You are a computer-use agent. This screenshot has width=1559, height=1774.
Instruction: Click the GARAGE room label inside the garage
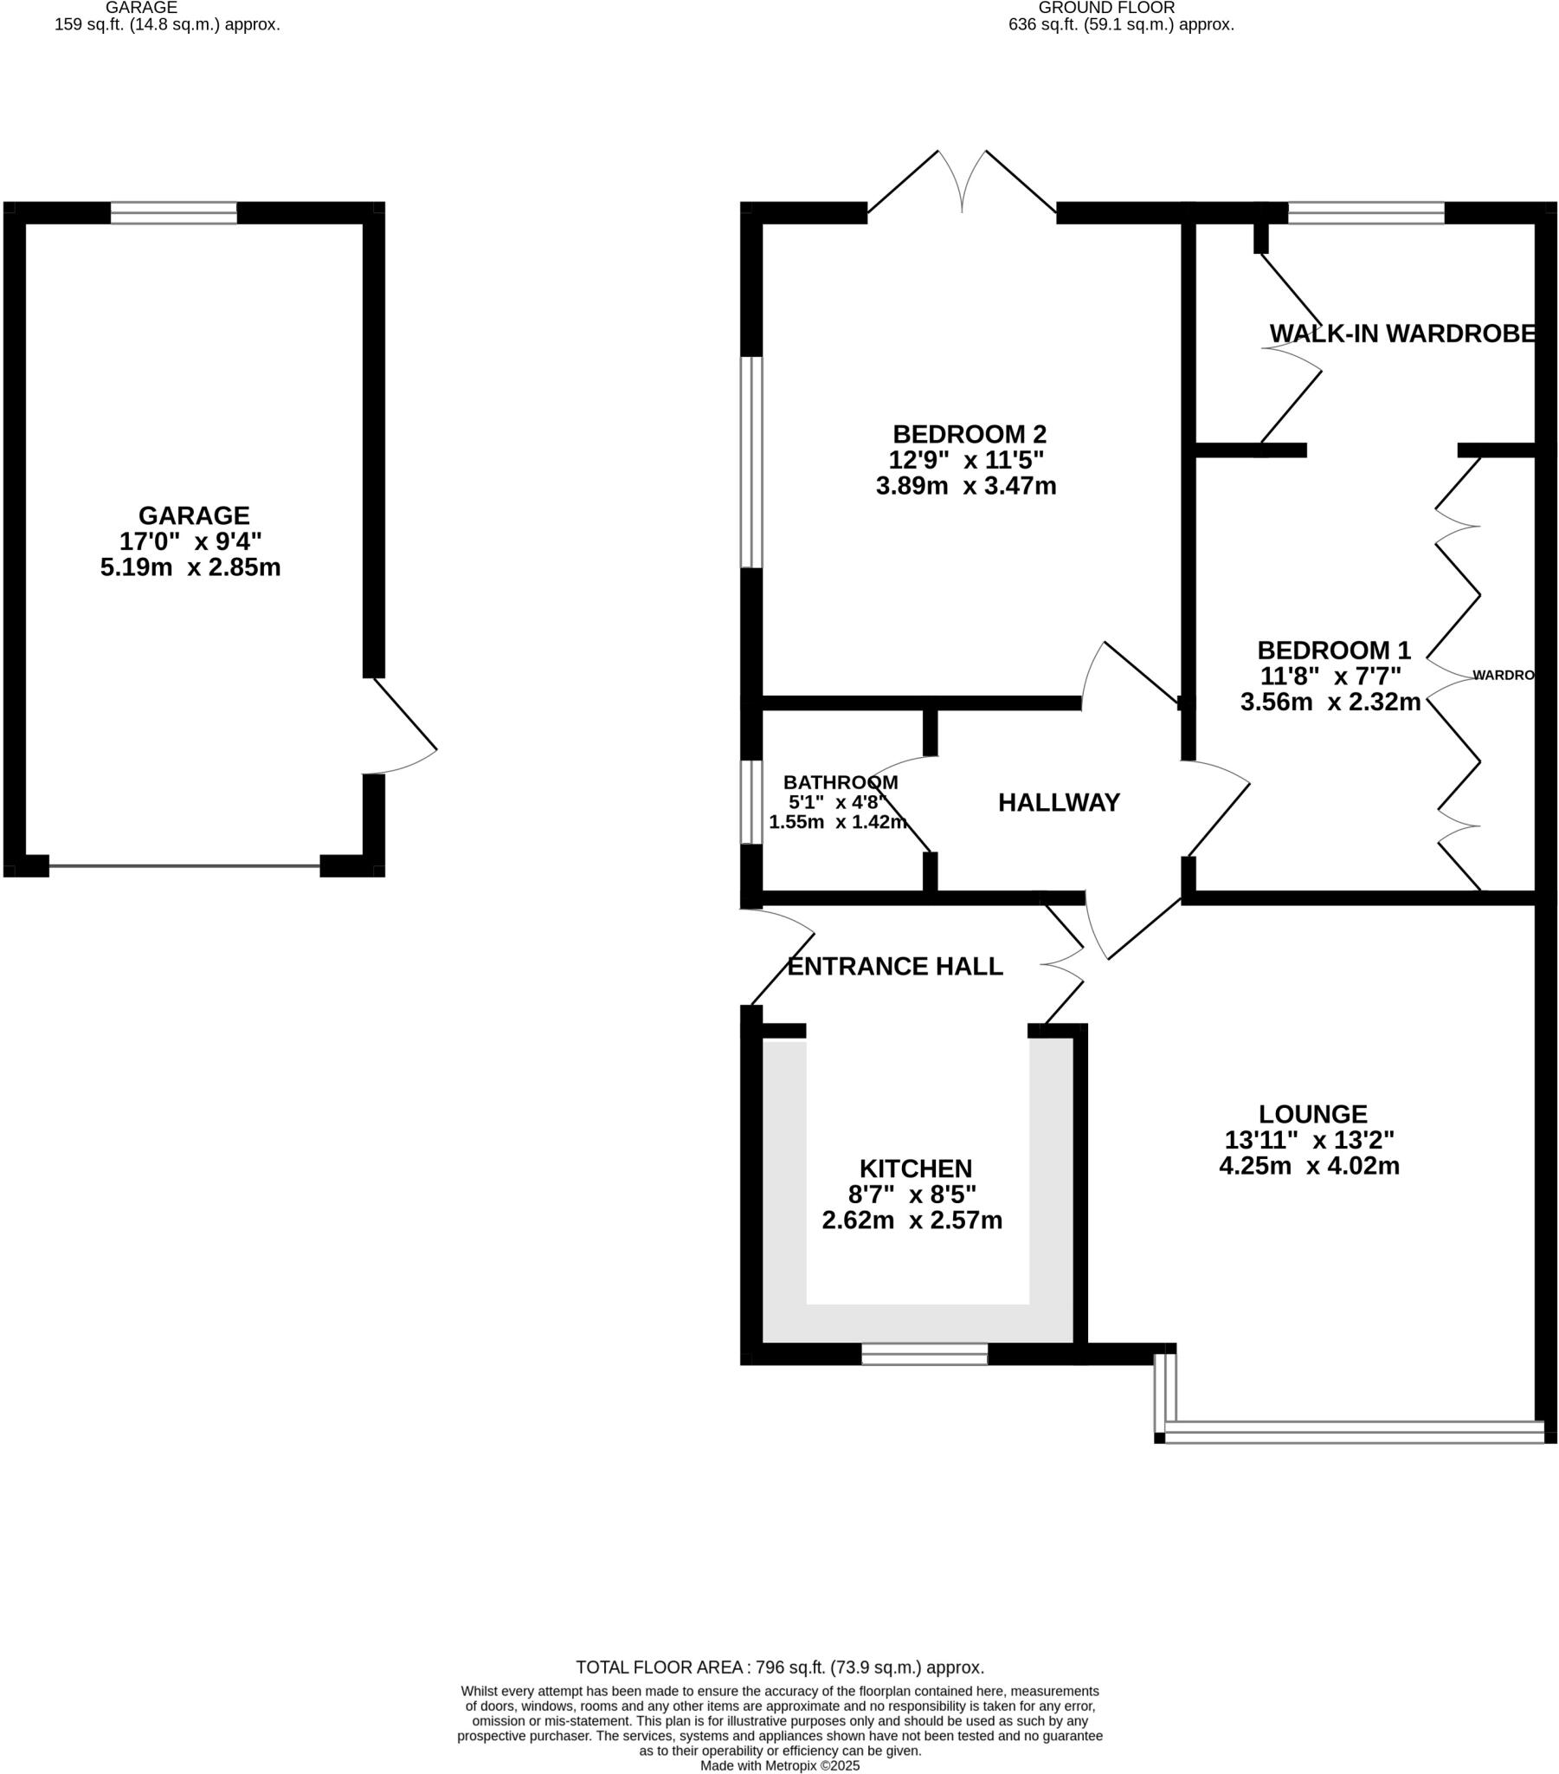click(x=193, y=515)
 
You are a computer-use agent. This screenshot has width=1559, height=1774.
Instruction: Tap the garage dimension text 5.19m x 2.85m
click(x=190, y=568)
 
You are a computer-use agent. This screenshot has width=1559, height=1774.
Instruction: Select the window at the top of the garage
click(x=173, y=212)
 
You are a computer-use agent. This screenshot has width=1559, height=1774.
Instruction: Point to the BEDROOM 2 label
click(x=969, y=433)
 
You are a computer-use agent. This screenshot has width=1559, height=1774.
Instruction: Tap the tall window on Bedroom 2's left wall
click(x=751, y=462)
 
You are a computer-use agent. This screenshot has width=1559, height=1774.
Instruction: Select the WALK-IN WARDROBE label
click(x=1402, y=333)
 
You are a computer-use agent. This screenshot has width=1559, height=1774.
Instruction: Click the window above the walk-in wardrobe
click(x=1366, y=212)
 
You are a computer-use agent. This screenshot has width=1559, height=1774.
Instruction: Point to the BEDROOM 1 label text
click(x=1333, y=649)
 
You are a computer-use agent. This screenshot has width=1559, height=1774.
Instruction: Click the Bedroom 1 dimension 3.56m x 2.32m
click(x=1330, y=702)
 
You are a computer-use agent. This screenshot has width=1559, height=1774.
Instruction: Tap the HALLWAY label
click(x=1059, y=803)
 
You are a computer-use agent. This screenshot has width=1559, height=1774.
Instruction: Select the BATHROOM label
click(x=840, y=782)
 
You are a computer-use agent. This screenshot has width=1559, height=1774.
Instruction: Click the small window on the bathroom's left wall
click(x=751, y=802)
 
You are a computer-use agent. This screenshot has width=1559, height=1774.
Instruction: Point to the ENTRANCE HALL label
click(x=894, y=966)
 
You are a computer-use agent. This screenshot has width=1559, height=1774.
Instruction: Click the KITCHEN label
click(x=915, y=1169)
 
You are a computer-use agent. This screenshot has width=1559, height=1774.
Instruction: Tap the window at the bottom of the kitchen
click(x=924, y=1354)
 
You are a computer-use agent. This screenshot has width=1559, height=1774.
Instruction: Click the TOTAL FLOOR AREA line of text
click(x=779, y=1667)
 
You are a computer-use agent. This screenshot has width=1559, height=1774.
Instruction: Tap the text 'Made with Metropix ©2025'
click(x=779, y=1765)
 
